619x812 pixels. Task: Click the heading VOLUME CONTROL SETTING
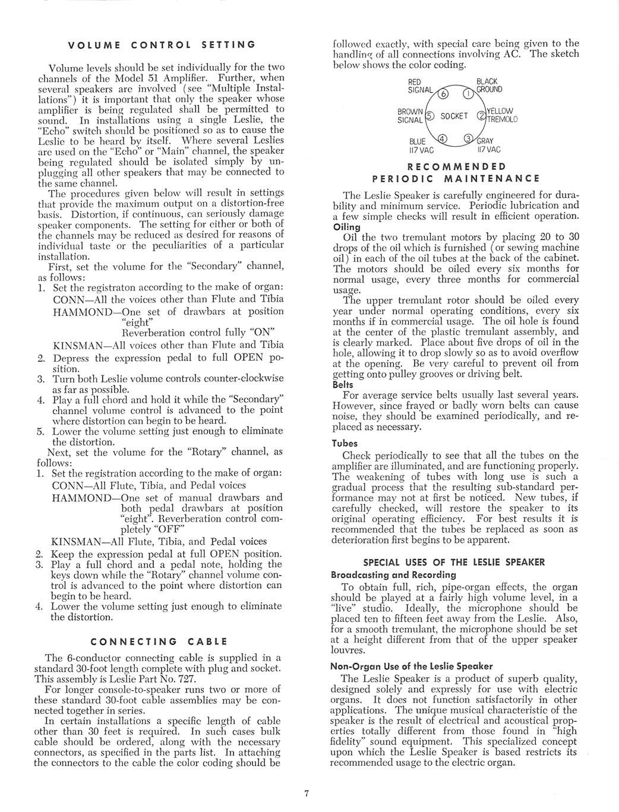162,45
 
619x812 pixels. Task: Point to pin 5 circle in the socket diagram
431,116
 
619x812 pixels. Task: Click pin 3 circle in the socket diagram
468,139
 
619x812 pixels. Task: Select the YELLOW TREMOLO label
502,115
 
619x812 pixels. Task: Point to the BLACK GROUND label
489,85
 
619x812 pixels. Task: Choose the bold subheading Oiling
348,227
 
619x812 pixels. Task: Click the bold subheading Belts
344,384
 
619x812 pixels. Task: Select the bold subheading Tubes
345,443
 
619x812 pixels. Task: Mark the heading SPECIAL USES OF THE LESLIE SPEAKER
454,563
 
